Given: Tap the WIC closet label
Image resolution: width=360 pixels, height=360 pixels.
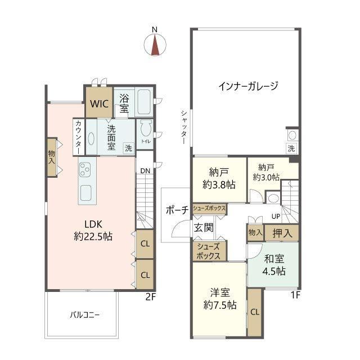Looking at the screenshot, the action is coord(99,104).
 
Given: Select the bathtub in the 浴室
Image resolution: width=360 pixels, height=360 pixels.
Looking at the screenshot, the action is coord(144,102).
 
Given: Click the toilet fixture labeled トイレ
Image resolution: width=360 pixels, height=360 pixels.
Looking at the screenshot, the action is coord(146,128).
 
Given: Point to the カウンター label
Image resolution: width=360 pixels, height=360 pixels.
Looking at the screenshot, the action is coord(79,137).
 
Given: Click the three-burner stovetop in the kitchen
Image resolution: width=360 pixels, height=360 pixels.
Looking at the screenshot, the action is coord(85,169).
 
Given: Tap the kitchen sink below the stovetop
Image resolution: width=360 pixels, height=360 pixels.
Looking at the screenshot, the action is coord(85,193).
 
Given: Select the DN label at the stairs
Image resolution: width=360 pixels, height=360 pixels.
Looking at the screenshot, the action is coord(145,171).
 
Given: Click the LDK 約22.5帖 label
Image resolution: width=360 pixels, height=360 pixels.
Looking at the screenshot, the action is coord(93,230).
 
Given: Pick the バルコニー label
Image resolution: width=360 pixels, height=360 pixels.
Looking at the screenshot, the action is coord(85,315).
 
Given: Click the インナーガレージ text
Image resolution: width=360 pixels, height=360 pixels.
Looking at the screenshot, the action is coord(248,86).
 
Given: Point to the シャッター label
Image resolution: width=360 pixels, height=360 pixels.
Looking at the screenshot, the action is coord(184,127).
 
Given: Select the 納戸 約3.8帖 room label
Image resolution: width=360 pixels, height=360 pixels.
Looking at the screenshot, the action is coord(219,178).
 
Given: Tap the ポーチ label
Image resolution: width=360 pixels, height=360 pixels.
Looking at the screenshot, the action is coord(177,210).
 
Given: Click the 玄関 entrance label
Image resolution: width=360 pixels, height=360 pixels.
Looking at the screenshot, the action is coord(204,227).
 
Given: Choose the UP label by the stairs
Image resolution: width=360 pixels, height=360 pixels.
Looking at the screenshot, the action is coord(276,216).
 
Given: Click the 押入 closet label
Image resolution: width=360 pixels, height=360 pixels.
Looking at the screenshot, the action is coord(282,233).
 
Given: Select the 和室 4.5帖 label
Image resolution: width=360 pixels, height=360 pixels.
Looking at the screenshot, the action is coord(274,265).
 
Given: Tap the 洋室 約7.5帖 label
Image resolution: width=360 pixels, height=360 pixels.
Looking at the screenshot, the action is coord(220,299).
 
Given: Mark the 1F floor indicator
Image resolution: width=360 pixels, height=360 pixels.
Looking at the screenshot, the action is coord(296,295).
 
